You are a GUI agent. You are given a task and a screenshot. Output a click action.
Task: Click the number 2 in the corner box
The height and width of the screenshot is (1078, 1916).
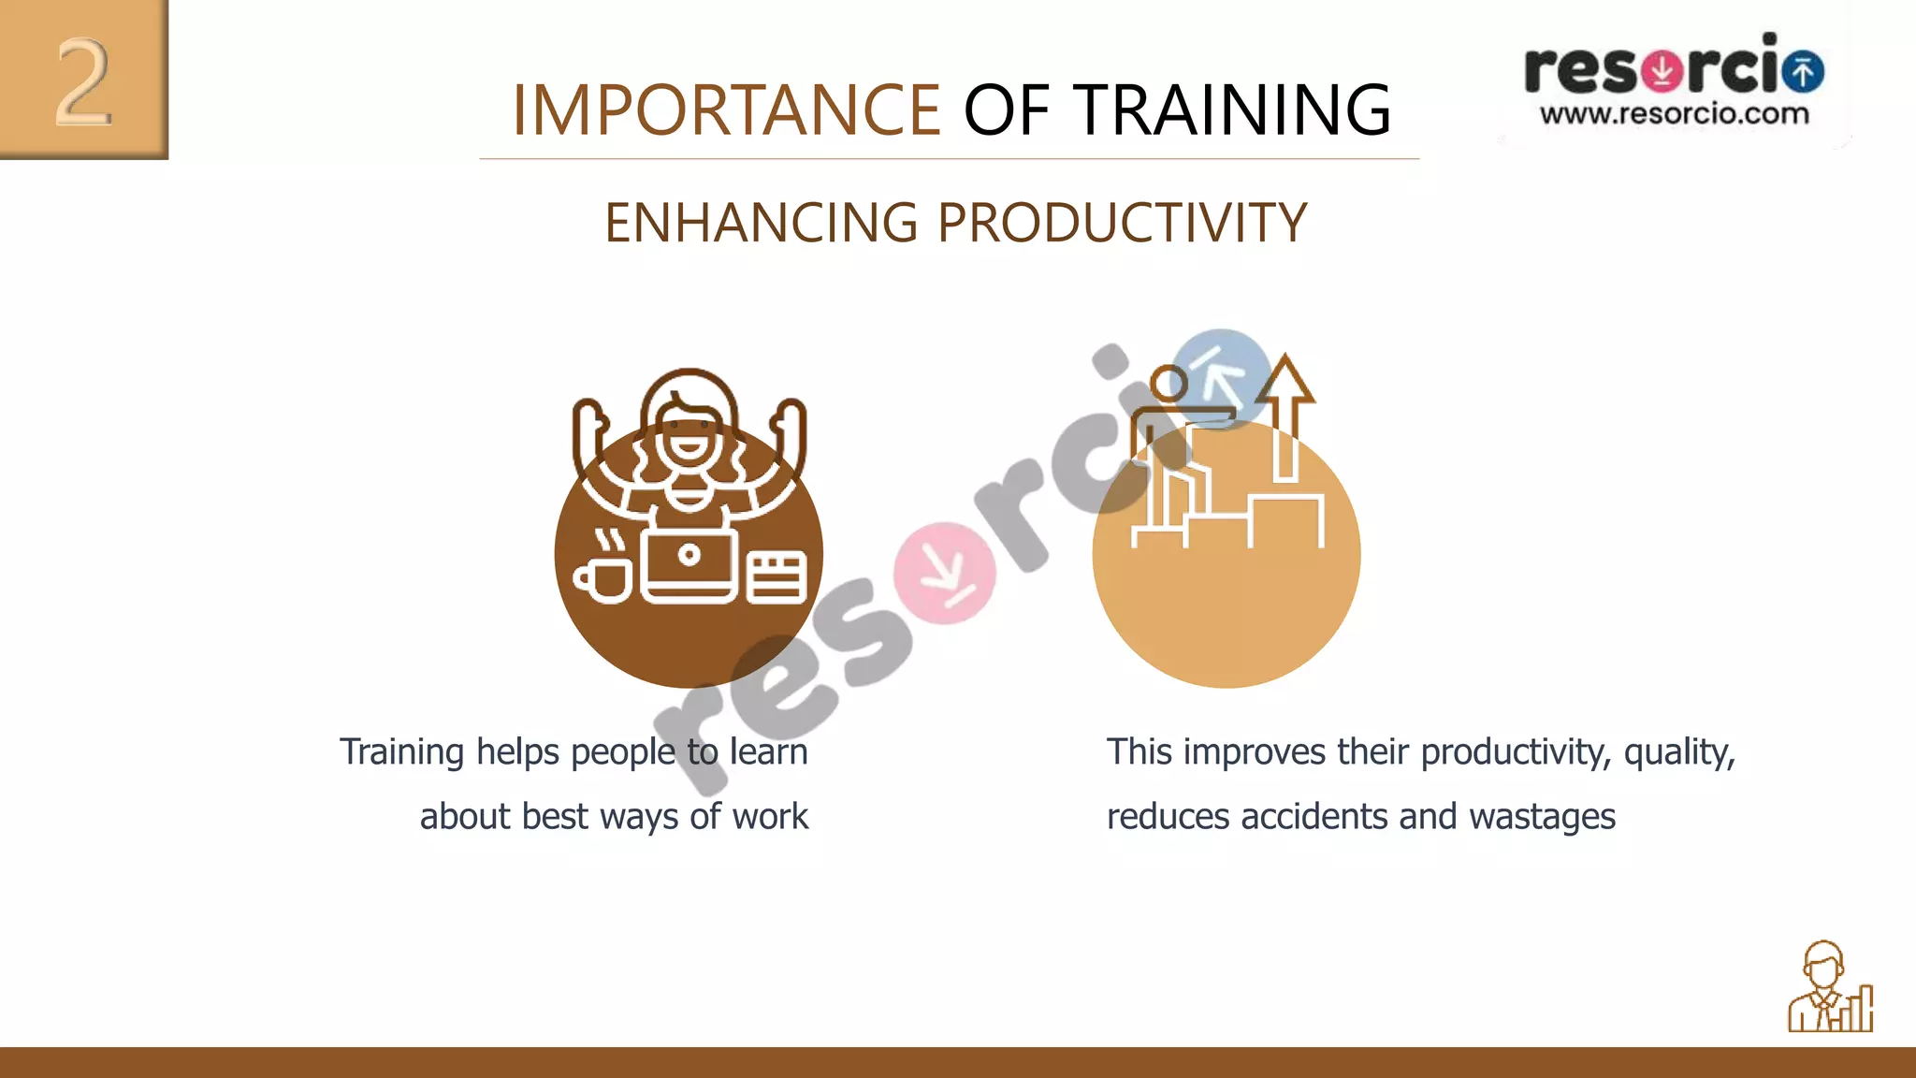83,82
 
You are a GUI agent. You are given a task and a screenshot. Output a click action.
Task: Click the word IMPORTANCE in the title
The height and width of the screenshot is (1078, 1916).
725,110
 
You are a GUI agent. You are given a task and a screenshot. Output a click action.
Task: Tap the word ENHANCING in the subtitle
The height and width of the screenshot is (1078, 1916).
761,223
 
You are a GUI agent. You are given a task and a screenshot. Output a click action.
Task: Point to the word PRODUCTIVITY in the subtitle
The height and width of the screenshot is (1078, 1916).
1122,223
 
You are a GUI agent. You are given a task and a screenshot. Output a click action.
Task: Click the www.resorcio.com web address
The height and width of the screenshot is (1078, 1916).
1674,115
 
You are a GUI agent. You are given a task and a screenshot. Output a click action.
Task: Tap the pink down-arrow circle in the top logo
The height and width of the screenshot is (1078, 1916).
1662,70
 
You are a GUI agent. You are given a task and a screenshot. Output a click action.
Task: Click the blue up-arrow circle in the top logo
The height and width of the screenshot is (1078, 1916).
1803,71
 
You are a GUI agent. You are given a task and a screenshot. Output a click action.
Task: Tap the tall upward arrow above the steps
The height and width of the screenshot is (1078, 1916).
1286,416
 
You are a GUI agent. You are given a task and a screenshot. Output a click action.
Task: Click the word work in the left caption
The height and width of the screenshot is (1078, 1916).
770,817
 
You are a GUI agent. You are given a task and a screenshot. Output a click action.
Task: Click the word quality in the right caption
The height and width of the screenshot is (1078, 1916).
1678,752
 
